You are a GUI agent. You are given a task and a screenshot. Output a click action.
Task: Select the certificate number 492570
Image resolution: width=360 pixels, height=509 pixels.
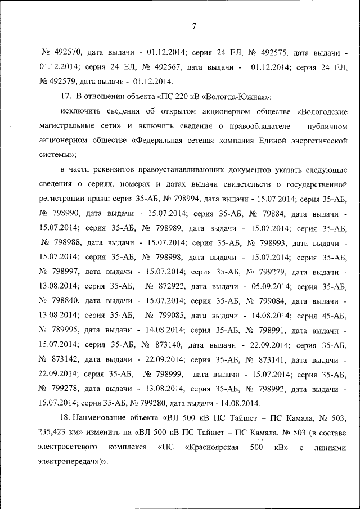click(69, 53)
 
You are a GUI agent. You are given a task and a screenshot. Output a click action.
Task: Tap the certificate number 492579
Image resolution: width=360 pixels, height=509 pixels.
click(62, 82)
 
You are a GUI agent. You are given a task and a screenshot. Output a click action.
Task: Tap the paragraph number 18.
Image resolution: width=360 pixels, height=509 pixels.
click(64, 418)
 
